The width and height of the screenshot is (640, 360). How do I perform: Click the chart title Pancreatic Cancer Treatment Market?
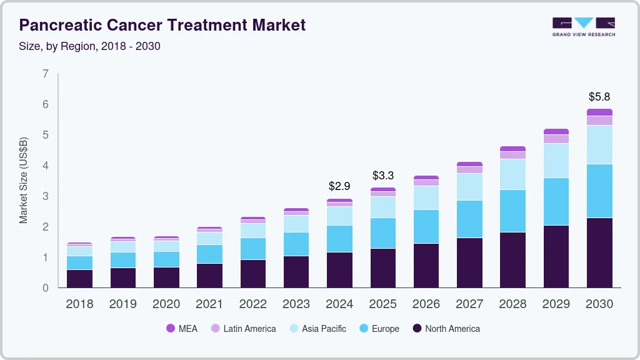click(x=162, y=25)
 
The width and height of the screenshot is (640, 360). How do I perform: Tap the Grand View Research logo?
click(x=583, y=26)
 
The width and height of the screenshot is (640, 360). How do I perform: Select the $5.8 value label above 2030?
click(x=599, y=97)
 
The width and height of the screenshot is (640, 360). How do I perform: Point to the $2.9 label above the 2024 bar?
click(x=339, y=186)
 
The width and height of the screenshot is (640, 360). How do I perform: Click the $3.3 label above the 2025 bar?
click(x=383, y=176)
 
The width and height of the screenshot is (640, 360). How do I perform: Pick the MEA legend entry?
click(x=182, y=328)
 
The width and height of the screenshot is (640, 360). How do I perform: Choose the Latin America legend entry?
click(x=243, y=328)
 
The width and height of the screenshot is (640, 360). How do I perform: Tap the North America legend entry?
click(x=446, y=328)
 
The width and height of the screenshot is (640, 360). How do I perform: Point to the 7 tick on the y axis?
click(x=46, y=74)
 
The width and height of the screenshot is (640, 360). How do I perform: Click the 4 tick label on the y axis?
click(x=46, y=166)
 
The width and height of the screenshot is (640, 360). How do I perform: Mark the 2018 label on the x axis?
click(x=79, y=304)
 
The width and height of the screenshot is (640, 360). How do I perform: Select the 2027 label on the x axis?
click(x=469, y=304)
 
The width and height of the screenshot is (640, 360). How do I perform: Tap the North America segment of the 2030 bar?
click(x=599, y=252)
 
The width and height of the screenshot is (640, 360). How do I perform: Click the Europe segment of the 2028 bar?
click(x=512, y=211)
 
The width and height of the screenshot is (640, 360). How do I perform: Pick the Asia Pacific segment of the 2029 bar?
click(x=556, y=161)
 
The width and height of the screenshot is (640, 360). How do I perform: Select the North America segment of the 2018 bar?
click(x=79, y=279)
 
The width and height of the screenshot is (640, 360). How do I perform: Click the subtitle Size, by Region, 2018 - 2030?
click(x=90, y=46)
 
